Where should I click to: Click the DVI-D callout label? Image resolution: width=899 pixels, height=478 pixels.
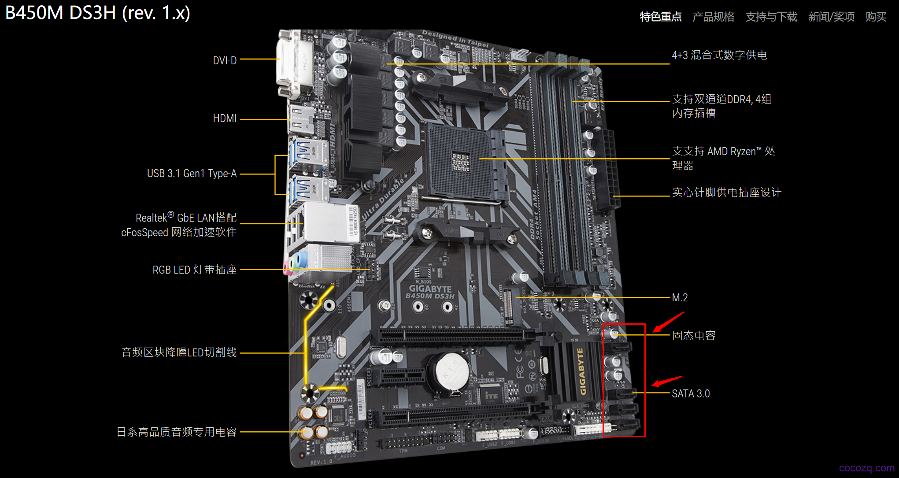coord(225,60)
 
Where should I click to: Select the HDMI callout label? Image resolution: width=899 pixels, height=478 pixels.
coord(225,119)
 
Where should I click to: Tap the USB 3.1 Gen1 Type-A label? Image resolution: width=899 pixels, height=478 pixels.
coord(192,174)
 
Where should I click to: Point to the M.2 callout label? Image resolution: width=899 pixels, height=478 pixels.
coord(680,298)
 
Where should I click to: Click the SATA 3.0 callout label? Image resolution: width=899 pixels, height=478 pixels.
coord(691,393)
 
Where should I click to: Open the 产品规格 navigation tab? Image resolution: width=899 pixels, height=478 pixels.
coord(713,17)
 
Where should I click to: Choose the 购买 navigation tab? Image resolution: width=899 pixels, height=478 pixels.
coord(876,17)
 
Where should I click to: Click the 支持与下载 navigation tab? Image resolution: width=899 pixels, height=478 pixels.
coord(771,17)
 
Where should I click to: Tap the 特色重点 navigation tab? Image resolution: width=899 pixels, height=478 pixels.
coord(661,17)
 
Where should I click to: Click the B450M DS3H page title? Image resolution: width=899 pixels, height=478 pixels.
coord(98,13)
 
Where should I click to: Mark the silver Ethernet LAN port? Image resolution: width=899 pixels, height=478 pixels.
coord(324,223)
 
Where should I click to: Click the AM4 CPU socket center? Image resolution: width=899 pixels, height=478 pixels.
coord(461,161)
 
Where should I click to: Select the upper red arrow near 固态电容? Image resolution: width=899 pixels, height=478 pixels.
coord(668,322)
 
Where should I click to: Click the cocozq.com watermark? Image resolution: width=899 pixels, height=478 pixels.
coord(867,468)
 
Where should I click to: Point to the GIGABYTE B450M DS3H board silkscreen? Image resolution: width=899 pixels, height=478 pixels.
coord(430,292)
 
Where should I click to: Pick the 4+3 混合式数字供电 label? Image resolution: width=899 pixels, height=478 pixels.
coord(719,55)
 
